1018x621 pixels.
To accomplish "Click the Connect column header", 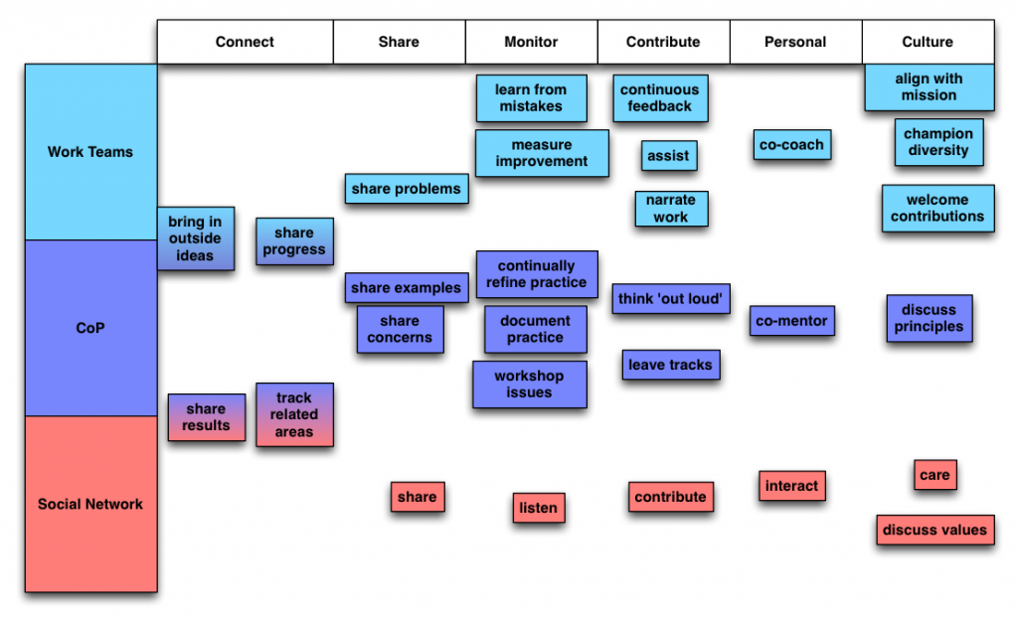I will coord(245,42).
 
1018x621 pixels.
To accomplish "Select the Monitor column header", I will coord(531,42).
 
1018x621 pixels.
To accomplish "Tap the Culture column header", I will coord(928,42).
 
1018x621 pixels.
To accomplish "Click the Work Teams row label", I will coord(90,152).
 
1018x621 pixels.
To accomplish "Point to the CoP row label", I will coord(90,328).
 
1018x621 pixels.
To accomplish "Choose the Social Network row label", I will coord(90,504).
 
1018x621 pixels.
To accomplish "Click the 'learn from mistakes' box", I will coord(531,97).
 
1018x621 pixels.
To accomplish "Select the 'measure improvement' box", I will coord(542,153).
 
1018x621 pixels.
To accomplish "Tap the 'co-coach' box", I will coord(791,145).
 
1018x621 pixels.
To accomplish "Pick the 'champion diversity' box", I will coord(937,142).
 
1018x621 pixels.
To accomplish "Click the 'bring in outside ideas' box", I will coord(195,238).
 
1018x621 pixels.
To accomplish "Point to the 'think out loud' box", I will coord(671,298).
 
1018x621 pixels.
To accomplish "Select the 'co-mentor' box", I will coord(791,321).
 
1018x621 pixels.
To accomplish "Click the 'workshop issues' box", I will coord(529,385).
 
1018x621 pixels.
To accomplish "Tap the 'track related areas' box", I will coord(294,414).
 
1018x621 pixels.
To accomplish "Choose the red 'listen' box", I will coord(539,508).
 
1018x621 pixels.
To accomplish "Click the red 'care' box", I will coord(934,475).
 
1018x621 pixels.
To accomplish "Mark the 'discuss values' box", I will coord(934,530).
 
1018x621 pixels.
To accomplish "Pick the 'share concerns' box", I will coord(400,329).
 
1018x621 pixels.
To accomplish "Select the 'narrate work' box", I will coord(671,209).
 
